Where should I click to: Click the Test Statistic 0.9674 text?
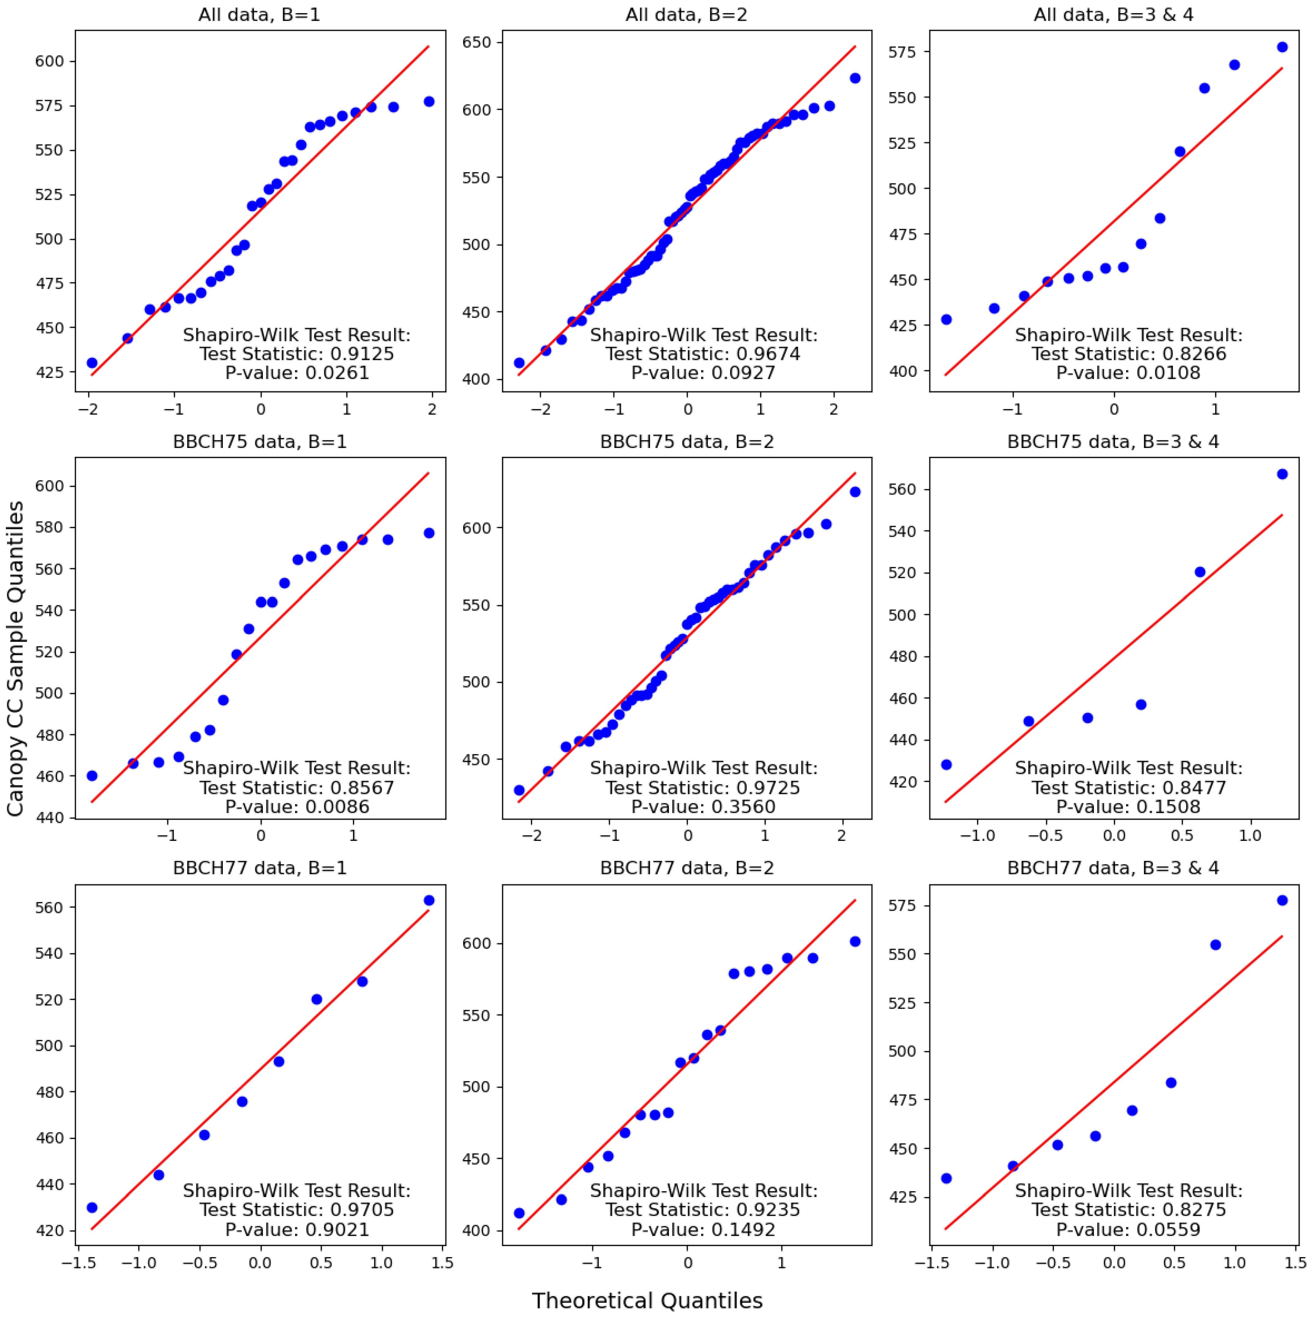click(703, 353)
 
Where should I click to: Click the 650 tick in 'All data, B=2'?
click(477, 43)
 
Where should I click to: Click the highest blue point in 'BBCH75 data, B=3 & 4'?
click(1282, 474)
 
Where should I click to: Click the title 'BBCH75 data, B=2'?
click(687, 442)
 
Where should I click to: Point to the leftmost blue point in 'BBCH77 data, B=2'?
click(519, 1213)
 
